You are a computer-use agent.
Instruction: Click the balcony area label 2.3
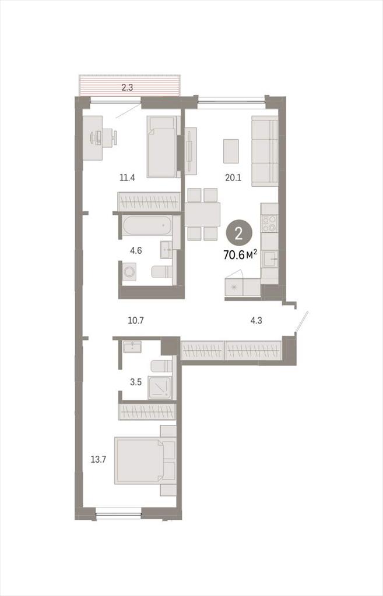pos(127,87)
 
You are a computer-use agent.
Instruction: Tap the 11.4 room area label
pos(127,177)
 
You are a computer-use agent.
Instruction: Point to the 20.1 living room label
pos(233,177)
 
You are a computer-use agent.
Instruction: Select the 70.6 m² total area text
pos(240,255)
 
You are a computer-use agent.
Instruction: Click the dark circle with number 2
pos(238,233)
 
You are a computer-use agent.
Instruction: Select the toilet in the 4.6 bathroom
pos(161,272)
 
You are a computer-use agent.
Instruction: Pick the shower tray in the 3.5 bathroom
pos(160,388)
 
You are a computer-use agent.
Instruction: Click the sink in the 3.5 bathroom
pos(132,347)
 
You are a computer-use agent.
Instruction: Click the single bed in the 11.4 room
pos(161,146)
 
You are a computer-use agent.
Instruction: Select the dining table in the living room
pos(202,214)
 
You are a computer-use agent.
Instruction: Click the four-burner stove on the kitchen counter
pos(269,223)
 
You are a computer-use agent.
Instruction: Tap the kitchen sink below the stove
pos(269,259)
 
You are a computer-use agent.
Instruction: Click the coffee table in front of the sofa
pos(231,151)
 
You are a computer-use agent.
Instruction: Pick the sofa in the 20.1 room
pos(265,151)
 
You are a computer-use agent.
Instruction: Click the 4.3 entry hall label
pos(256,321)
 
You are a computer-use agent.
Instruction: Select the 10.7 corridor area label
pos(135,321)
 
